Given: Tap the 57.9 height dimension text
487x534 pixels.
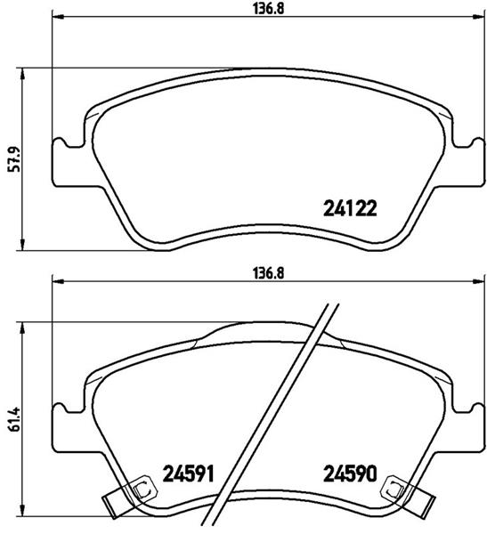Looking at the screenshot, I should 10,160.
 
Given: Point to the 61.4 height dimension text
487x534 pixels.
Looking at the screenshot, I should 10,418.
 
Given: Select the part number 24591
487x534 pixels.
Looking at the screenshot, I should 188,473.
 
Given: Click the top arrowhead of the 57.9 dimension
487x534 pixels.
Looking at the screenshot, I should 22,74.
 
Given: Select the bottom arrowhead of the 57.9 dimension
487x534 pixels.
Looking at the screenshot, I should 22,246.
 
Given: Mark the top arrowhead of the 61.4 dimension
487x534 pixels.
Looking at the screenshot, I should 22,325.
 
